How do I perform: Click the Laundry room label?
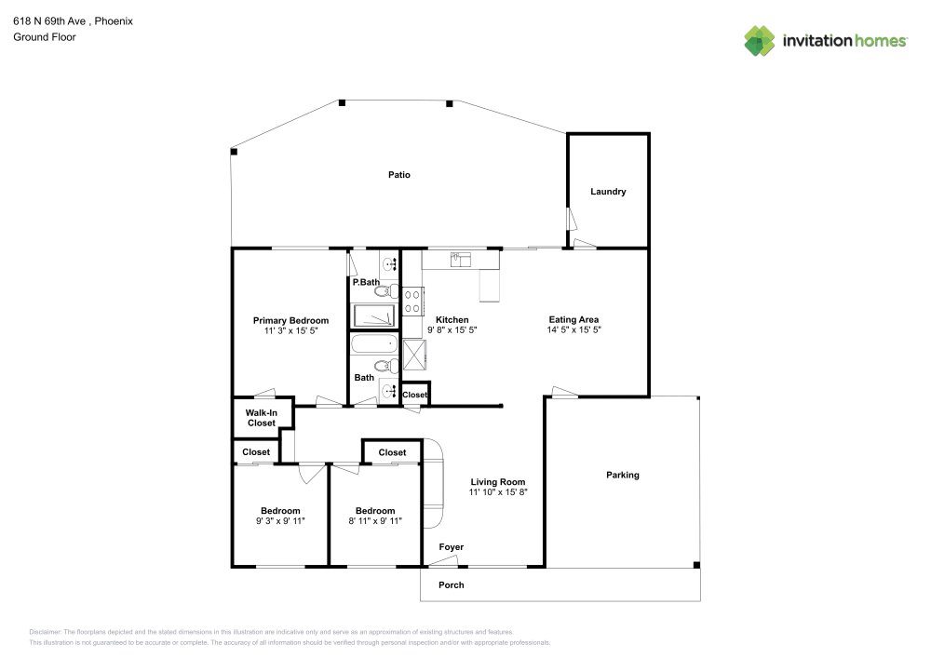pyautogui.click(x=608, y=192)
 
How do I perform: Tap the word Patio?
pyautogui.click(x=399, y=175)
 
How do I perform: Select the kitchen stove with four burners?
pyautogui.click(x=413, y=300)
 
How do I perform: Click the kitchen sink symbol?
pyautogui.click(x=461, y=260)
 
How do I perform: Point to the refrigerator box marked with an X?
pyautogui.click(x=415, y=354)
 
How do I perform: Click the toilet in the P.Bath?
pyautogui.click(x=386, y=291)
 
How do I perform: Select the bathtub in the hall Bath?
pyautogui.click(x=374, y=345)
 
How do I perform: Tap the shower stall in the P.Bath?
pyautogui.click(x=374, y=316)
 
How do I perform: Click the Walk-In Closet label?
pyautogui.click(x=262, y=418)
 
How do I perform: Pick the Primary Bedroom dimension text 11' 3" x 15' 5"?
pyautogui.click(x=291, y=331)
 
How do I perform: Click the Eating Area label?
pyautogui.click(x=573, y=319)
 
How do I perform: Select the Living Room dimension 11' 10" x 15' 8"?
pyautogui.click(x=498, y=492)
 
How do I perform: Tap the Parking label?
pyautogui.click(x=623, y=475)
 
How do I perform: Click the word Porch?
pyautogui.click(x=452, y=584)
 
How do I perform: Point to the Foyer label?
pyautogui.click(x=452, y=546)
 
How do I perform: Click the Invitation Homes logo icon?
pyautogui.click(x=760, y=40)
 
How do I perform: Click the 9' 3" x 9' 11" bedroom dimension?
pyautogui.click(x=280, y=522)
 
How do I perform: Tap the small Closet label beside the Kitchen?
pyautogui.click(x=415, y=395)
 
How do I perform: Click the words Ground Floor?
pyautogui.click(x=44, y=37)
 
